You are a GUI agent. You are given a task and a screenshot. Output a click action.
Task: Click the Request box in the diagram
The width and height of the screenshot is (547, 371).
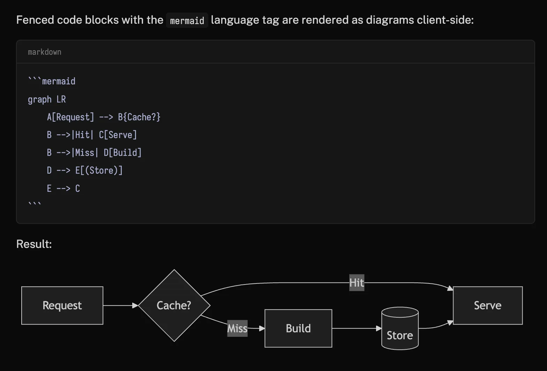coord(62,305)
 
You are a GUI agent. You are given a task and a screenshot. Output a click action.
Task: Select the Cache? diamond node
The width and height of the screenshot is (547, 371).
coord(174,305)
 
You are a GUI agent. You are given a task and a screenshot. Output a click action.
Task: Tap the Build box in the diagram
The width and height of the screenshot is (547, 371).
coord(298,328)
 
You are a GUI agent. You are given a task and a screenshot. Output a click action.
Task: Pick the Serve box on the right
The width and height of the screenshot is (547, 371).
coord(487,305)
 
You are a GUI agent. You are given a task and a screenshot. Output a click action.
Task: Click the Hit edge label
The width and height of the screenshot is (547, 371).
coord(357,282)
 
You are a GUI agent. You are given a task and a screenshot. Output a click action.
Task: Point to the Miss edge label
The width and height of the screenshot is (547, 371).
coord(237,328)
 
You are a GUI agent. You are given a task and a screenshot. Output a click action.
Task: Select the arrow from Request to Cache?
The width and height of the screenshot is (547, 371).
coord(120,305)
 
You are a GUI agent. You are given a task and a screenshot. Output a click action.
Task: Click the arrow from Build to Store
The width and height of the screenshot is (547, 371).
coord(356,328)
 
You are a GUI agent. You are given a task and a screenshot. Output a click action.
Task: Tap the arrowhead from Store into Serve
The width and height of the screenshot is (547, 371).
coord(450,323)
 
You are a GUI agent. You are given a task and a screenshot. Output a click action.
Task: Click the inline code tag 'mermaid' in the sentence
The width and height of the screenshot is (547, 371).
coord(187,21)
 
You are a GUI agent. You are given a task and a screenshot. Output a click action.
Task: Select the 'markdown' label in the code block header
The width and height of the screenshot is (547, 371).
coord(44,52)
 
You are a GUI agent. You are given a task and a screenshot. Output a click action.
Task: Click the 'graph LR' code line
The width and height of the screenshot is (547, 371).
coord(47,99)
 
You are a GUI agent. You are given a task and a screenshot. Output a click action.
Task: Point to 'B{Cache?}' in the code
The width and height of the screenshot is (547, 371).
coord(139,117)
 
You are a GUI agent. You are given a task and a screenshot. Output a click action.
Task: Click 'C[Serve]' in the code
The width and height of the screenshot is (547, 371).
coord(118,135)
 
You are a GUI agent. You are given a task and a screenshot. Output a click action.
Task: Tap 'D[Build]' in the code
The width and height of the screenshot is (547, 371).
coord(122,153)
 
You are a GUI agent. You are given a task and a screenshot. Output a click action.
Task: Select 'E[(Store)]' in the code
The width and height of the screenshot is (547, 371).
coord(99,171)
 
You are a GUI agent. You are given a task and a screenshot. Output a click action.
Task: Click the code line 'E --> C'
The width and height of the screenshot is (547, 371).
coord(63,189)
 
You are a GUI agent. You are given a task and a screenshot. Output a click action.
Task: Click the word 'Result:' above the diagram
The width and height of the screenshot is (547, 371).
coord(34,244)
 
